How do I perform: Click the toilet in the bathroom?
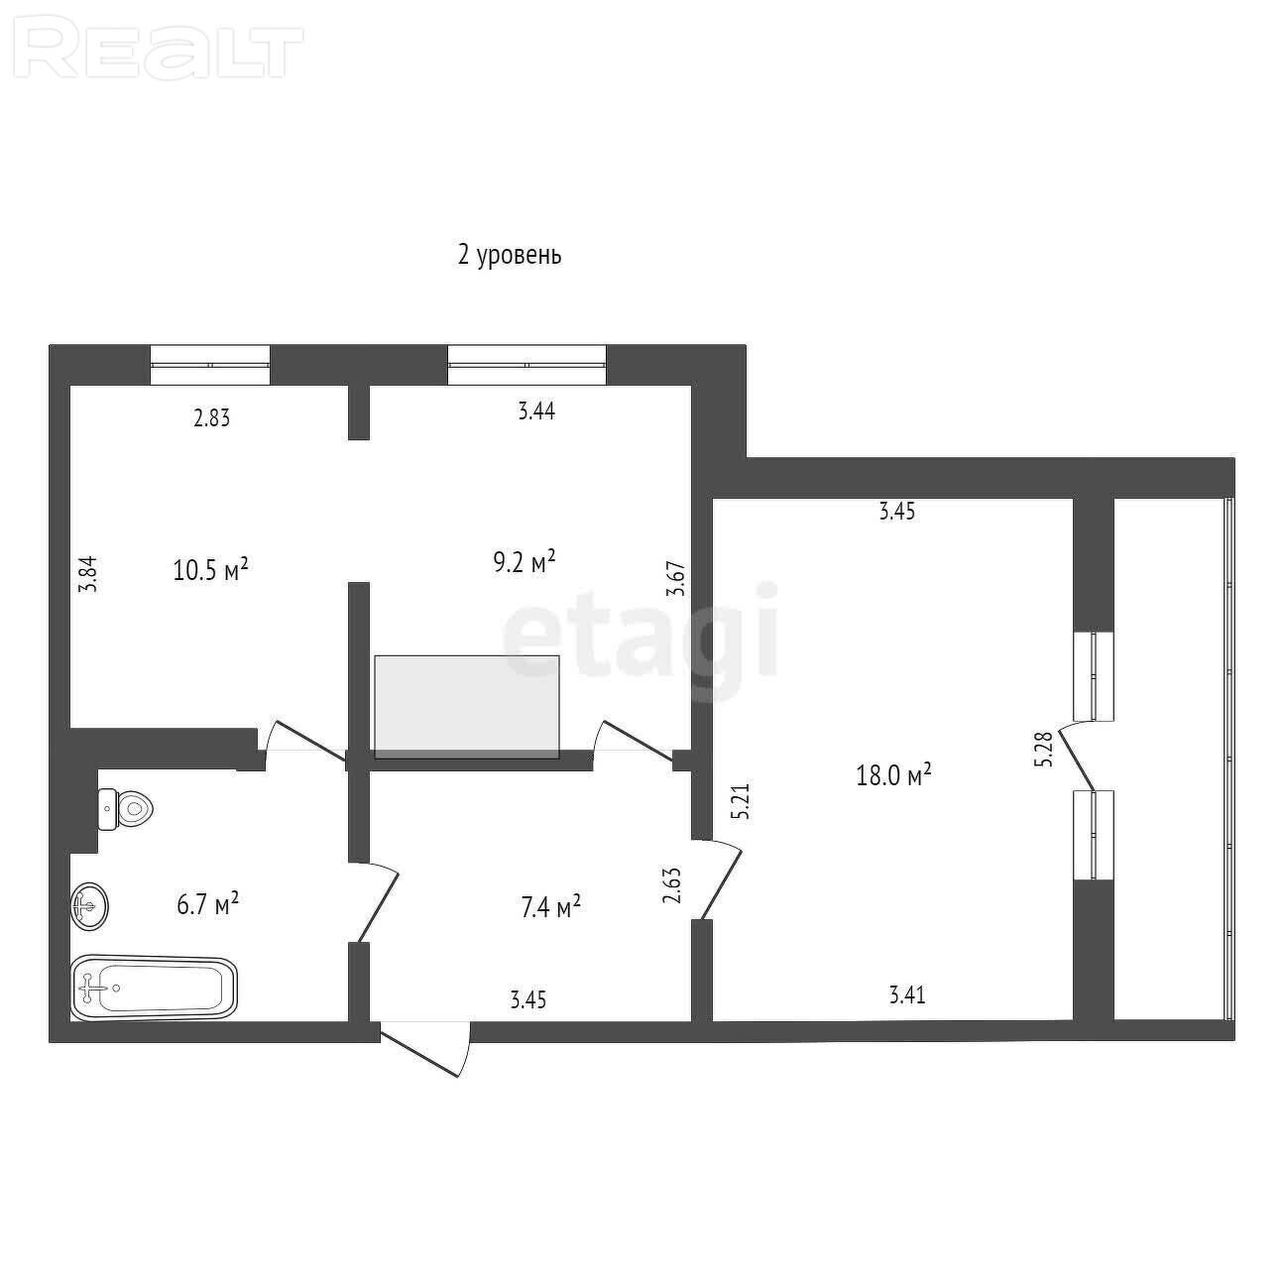[126, 810]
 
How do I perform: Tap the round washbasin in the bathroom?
[89, 906]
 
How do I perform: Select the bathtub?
[154, 989]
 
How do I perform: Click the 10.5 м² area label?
[210, 570]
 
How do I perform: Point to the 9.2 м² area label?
[524, 562]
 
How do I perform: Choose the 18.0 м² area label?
[893, 775]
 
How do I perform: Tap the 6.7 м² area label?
[207, 905]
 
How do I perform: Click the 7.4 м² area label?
[550, 907]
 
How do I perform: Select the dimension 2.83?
[212, 417]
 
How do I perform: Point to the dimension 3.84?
[88, 574]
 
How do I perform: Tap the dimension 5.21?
[741, 801]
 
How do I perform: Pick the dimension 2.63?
[671, 884]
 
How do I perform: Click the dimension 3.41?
[907, 995]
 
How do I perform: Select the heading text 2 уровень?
[510, 255]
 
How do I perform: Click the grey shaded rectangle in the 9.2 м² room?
[466, 706]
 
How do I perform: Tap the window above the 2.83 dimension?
[210, 365]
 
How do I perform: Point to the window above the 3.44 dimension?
[527, 365]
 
